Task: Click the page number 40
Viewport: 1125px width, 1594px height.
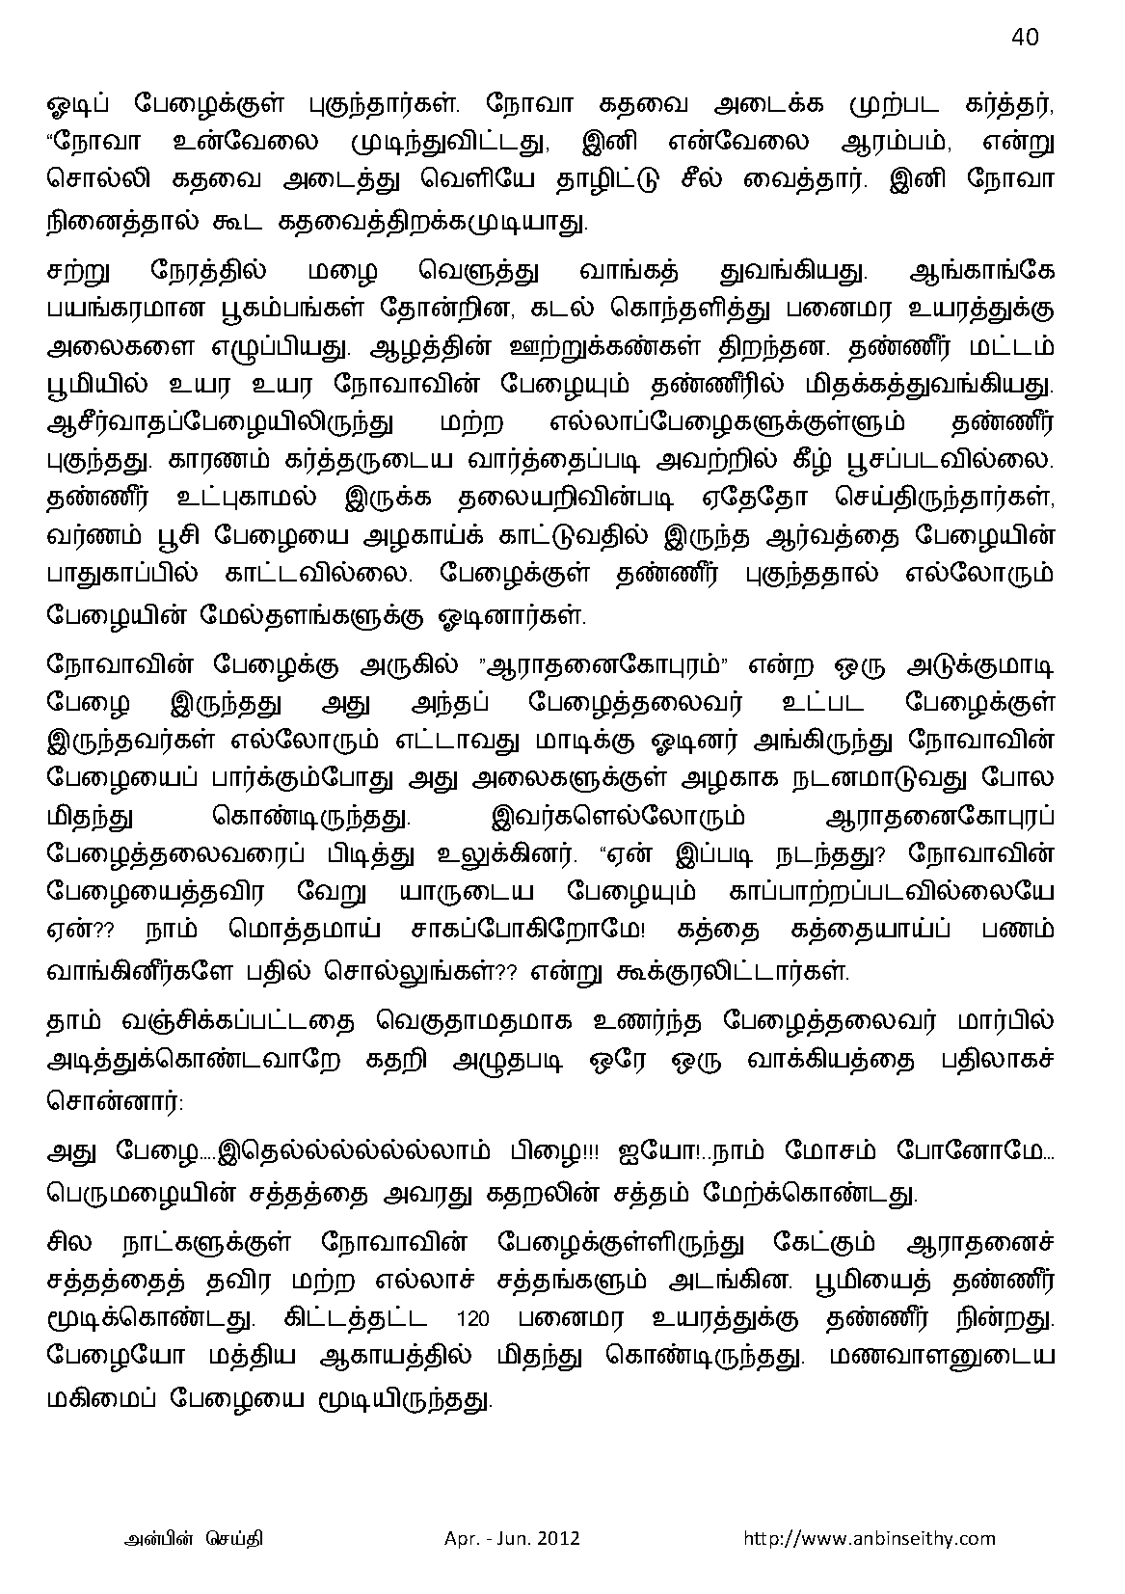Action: coord(1025,37)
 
